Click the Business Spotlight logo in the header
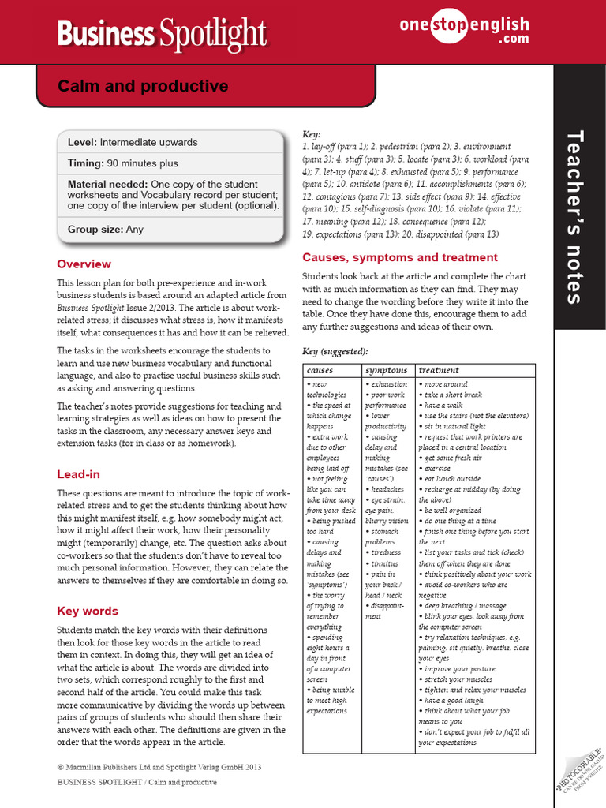pyautogui.click(x=163, y=33)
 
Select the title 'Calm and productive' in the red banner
pyautogui.click(x=143, y=86)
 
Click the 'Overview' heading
pyautogui.click(x=84, y=264)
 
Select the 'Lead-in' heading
pyautogui.click(x=78, y=474)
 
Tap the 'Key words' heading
pyautogui.click(x=88, y=611)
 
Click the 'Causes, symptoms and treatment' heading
pyautogui.click(x=400, y=257)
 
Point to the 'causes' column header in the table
pyautogui.click(x=320, y=370)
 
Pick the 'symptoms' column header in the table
pyautogui.click(x=386, y=370)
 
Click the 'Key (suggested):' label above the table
pyautogui.click(x=335, y=351)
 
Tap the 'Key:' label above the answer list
pyautogui.click(x=312, y=135)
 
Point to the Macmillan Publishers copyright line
pyautogui.click(x=159, y=766)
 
